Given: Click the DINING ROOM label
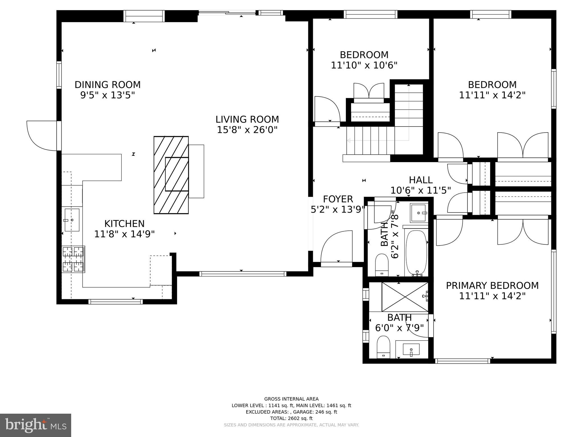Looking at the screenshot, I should click(108, 85).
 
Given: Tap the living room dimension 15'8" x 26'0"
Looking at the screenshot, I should click(247, 130).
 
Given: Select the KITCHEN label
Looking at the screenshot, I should click(124, 224).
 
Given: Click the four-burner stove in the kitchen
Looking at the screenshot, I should click(73, 259).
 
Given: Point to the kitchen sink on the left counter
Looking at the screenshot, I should click(72, 220).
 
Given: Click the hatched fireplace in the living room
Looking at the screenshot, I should click(171, 175).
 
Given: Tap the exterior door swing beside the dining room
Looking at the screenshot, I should click(43, 136).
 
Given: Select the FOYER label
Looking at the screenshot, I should click(338, 199).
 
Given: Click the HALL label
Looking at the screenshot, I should click(421, 180).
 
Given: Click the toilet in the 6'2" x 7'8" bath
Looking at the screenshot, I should click(382, 265).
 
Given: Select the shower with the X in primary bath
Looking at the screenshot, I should click(405, 297).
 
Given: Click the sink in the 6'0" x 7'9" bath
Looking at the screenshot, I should click(411, 350).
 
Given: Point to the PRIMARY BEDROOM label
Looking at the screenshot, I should click(492, 286).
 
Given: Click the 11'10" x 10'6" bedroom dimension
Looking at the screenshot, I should click(364, 65).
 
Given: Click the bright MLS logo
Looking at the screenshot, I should click(36, 425).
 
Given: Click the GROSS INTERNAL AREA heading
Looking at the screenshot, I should click(291, 399).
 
